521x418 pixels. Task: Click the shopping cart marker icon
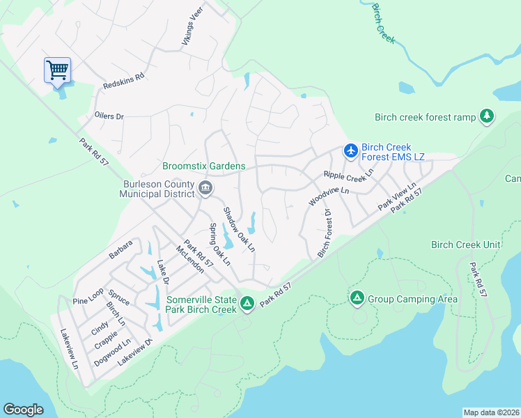pos(57,69)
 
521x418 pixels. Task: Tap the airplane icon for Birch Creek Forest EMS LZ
pos(350,150)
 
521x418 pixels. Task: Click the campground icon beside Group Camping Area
pos(357,299)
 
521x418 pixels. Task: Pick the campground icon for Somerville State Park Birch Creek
pos(247,304)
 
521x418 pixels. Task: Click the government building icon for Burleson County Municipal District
pos(205,187)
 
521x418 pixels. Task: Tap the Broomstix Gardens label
pos(203,166)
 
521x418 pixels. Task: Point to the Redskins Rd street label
pos(123,81)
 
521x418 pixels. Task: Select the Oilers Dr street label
pos(109,116)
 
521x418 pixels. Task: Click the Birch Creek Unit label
pos(466,245)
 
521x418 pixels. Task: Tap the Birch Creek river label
pos(384,24)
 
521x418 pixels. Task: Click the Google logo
pos(23,410)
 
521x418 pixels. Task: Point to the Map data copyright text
pos(491,412)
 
